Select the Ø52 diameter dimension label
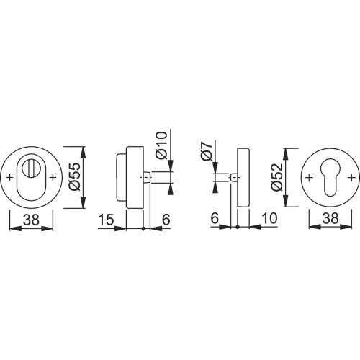(277, 177)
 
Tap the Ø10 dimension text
(161, 145)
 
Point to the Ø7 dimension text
(206, 151)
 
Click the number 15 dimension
(106, 219)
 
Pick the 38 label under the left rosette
(31, 219)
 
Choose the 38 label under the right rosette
(330, 219)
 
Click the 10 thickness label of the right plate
(269, 218)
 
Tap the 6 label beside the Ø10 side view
(166, 219)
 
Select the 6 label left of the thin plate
(215, 218)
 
